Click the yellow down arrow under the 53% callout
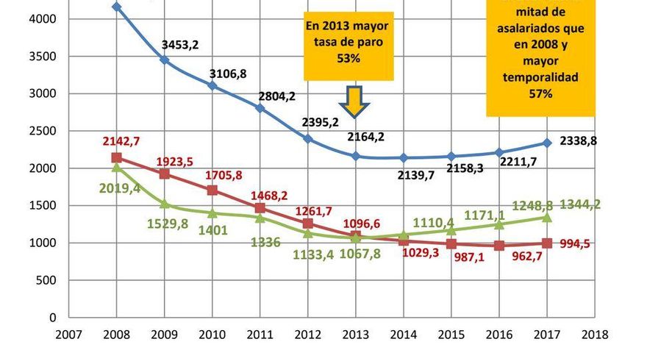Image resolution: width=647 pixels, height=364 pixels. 357,101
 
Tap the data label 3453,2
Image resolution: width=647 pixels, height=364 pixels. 180,45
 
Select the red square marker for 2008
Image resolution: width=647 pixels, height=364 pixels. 116,157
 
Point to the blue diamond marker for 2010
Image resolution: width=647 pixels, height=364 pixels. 212,85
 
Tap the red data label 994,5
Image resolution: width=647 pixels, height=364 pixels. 594,243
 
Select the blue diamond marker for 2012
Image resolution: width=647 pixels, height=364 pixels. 308,138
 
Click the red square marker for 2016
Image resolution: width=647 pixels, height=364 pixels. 499,246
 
